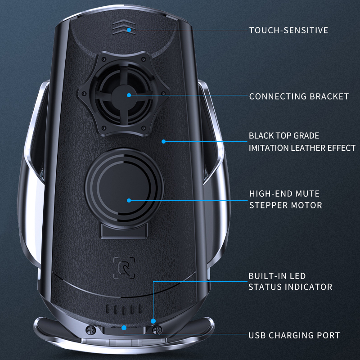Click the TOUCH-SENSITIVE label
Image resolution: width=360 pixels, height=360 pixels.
click(x=288, y=31)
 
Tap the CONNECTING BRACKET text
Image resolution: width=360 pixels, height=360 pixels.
click(x=299, y=96)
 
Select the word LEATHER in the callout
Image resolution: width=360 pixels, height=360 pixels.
click(x=308, y=148)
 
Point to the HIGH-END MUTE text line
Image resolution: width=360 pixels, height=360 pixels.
click(x=284, y=194)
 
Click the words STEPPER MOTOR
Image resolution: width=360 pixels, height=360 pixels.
click(x=285, y=205)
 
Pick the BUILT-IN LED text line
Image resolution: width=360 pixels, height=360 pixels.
click(x=277, y=275)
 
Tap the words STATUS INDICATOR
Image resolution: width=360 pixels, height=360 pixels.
click(x=290, y=287)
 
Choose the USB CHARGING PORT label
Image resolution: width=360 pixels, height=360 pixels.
click(x=294, y=335)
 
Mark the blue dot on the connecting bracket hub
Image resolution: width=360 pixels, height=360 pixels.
click(x=129, y=95)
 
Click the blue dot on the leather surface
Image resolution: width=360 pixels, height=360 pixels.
click(x=164, y=141)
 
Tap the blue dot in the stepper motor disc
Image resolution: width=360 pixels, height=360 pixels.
click(x=129, y=200)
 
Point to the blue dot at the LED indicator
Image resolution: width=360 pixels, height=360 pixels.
click(x=153, y=321)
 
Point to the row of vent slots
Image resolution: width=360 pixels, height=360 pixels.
click(x=123, y=310)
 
